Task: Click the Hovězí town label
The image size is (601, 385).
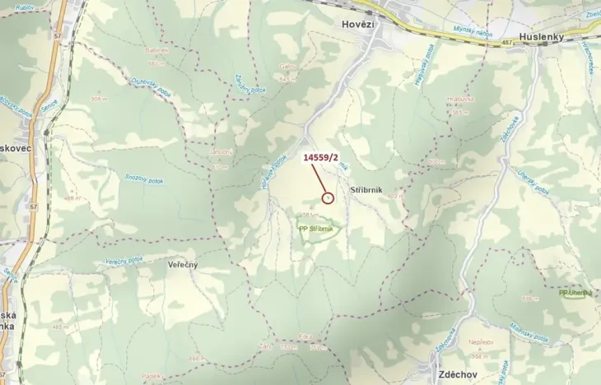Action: click(x=359, y=25)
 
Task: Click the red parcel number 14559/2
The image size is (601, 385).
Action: click(x=321, y=156)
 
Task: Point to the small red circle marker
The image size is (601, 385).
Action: click(x=328, y=197)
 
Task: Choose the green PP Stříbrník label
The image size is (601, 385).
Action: click(x=316, y=229)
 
